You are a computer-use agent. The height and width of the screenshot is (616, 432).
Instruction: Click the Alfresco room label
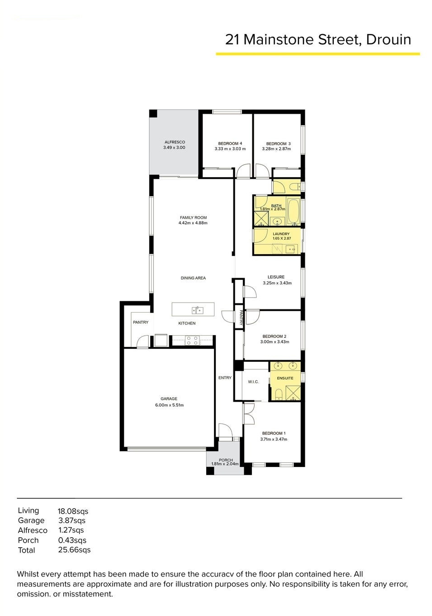pos(175,142)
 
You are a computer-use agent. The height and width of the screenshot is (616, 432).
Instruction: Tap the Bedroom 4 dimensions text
pos(230,149)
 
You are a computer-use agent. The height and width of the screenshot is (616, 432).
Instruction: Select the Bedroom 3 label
pos(278,144)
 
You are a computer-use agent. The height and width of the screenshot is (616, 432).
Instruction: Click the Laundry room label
pos(281,234)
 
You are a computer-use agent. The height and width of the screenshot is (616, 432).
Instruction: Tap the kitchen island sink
pos(197,310)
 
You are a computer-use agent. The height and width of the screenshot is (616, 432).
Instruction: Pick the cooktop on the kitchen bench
pos(192,341)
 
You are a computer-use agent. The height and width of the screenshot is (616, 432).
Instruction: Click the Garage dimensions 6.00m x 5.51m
pos(170,405)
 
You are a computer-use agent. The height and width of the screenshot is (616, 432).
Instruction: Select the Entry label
pos(225,378)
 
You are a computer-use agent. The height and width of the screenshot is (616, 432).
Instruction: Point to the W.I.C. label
pos(253,382)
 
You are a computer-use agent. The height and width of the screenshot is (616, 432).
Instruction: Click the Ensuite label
pos(285,378)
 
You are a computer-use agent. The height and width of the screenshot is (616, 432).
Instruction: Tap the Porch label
pos(226,460)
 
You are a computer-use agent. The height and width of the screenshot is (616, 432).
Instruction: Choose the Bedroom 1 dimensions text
pos(274,439)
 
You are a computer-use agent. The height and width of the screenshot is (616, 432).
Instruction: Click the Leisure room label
pos(276,277)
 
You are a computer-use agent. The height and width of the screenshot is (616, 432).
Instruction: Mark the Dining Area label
pos(193,278)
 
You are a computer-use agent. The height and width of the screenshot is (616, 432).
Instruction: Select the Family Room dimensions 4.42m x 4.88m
pos(193,223)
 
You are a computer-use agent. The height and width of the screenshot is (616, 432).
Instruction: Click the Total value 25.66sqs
pos(75,550)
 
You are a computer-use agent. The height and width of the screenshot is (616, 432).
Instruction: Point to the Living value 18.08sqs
pos(73,511)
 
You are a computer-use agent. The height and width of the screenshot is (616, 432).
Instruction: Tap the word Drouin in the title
pos(388,39)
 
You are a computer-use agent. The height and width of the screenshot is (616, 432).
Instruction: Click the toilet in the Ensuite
pos(278,395)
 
